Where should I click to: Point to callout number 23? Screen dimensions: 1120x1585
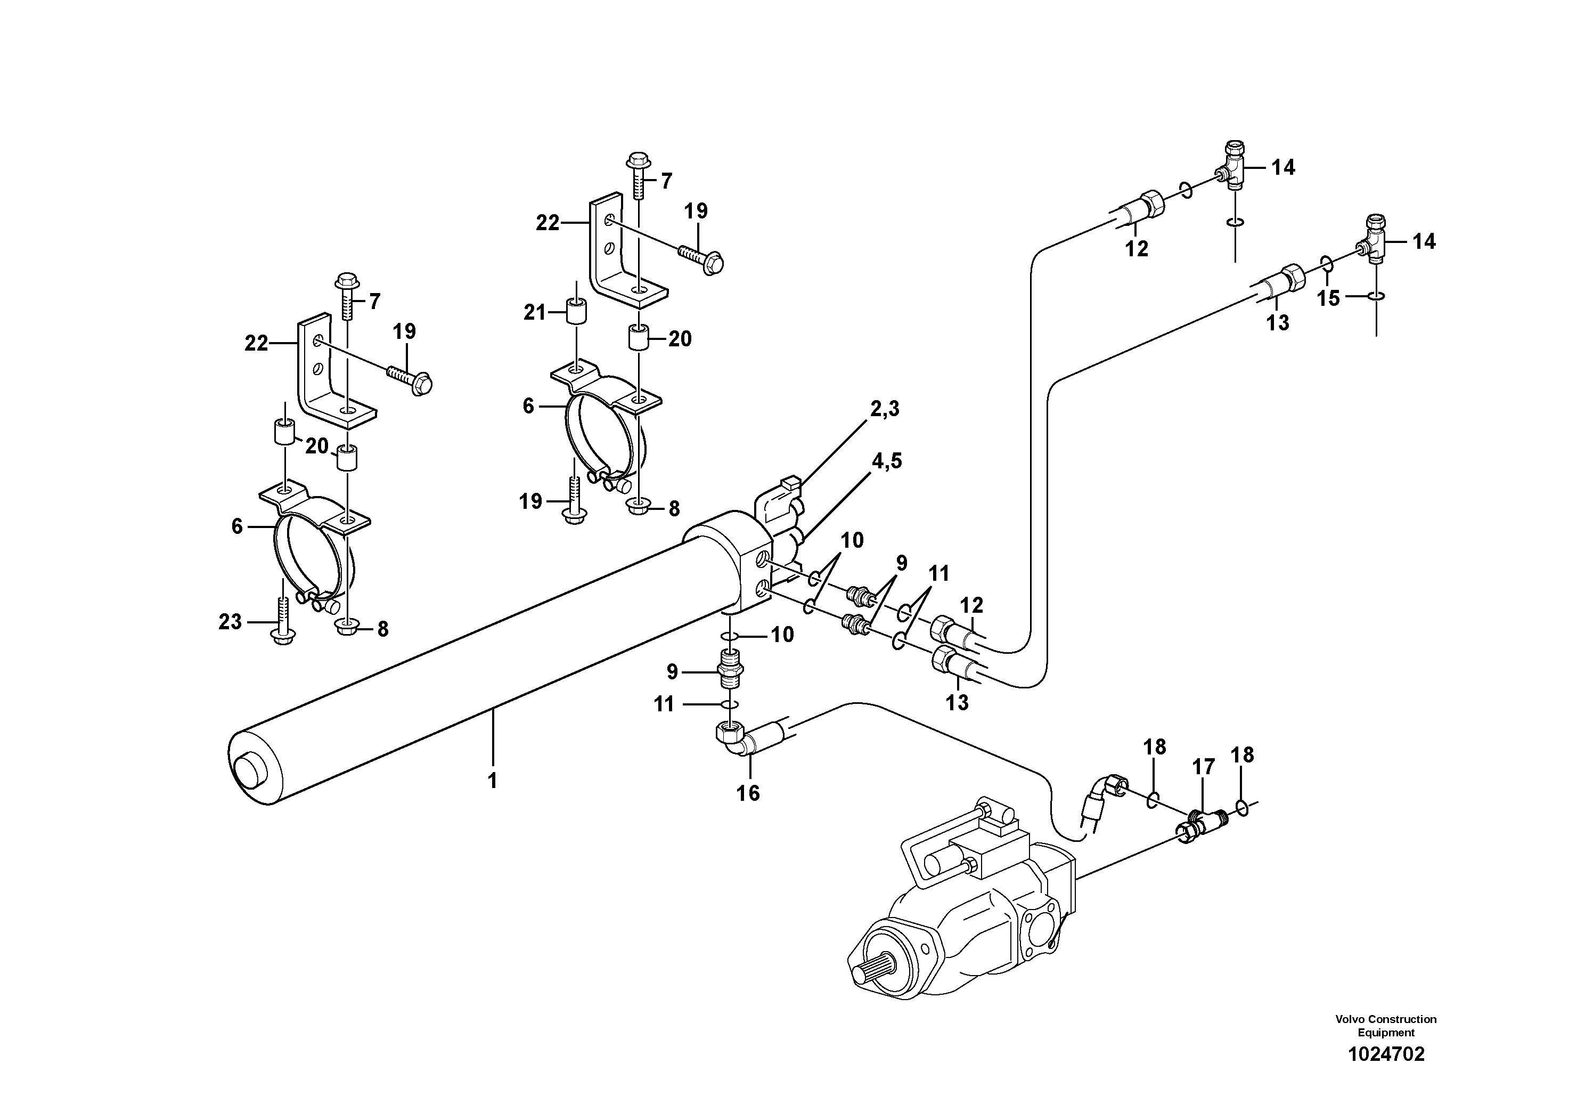[x=230, y=622]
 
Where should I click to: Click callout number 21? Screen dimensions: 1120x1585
[x=534, y=313]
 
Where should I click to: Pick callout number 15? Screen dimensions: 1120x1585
[x=1328, y=298]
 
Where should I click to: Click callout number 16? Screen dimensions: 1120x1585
[x=748, y=793]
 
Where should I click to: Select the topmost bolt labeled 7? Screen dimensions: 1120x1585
[x=636, y=173]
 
